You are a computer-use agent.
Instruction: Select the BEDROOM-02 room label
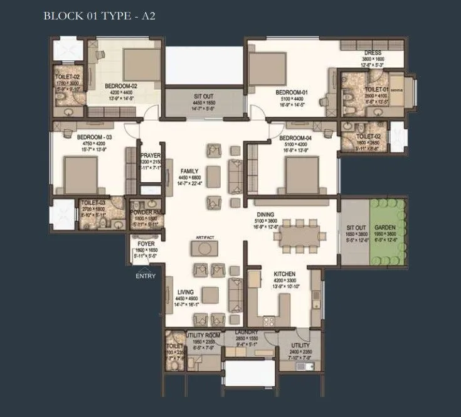121,85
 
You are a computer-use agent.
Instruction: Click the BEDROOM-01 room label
292,92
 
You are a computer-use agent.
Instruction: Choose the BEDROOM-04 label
296,138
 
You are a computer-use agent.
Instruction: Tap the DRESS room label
373,53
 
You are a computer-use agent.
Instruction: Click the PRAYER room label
151,155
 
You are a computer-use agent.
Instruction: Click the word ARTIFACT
205,236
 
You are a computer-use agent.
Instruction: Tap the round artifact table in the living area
205,249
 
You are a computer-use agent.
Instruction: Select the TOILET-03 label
93,202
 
